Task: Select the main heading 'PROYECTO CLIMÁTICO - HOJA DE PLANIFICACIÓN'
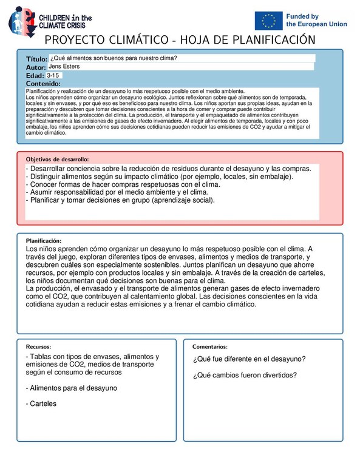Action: coord(180,40)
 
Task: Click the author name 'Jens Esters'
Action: coord(64,66)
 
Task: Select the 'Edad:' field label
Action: coord(35,75)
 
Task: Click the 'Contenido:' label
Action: coord(42,84)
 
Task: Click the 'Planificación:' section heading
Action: coord(43,240)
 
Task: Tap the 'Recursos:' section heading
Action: coord(38,346)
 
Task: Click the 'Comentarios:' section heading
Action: coord(210,346)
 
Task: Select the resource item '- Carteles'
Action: coord(41,403)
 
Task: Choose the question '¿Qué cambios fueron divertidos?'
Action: coord(245,374)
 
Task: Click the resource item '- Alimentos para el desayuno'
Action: coord(71,387)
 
